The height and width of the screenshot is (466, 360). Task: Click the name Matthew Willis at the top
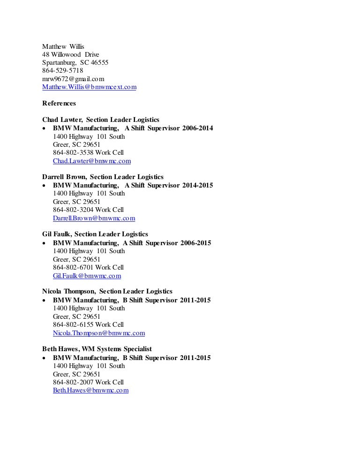click(x=63, y=46)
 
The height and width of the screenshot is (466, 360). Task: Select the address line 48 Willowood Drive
click(x=70, y=54)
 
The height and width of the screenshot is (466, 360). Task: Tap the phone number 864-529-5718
click(x=63, y=71)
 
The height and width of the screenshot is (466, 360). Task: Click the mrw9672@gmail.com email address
click(x=73, y=79)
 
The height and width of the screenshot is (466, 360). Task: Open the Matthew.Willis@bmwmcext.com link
click(x=89, y=87)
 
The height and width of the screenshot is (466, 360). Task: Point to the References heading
click(x=59, y=103)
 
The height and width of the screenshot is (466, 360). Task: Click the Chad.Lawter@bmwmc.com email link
click(x=92, y=161)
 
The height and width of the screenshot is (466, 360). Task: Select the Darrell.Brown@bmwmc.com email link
click(x=94, y=218)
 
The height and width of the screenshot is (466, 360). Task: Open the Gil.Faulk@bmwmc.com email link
click(x=87, y=276)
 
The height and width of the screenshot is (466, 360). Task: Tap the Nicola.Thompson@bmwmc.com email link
click(x=99, y=333)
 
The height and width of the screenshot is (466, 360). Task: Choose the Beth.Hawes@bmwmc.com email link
click(x=90, y=390)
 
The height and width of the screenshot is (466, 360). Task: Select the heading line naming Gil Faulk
click(x=95, y=234)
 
